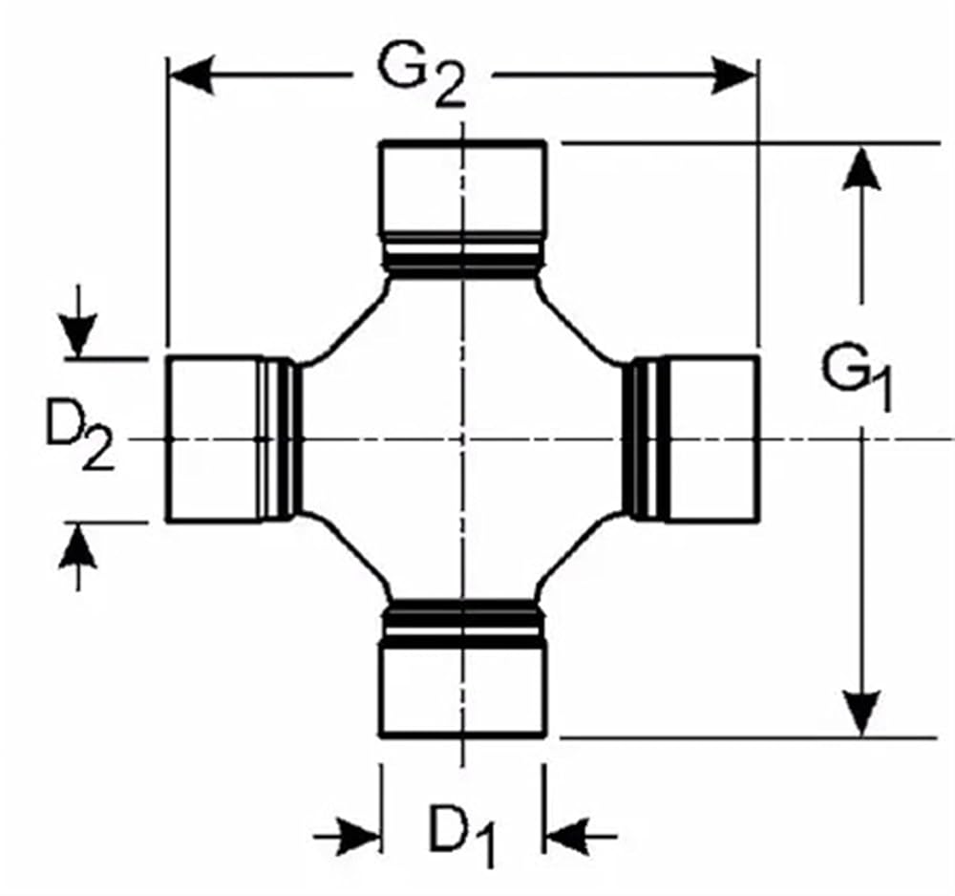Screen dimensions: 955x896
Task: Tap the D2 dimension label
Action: coord(79,430)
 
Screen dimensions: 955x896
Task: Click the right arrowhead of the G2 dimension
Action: coord(733,76)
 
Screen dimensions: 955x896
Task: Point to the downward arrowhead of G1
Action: coord(861,714)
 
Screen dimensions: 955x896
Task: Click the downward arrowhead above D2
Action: coord(77,335)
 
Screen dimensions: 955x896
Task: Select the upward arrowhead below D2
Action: coord(77,545)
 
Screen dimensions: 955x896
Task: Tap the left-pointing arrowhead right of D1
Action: coord(567,837)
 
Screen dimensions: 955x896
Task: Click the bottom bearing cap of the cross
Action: coord(463,691)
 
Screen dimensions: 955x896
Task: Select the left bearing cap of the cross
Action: coord(214,438)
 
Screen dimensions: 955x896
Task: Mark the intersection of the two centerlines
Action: coord(463,438)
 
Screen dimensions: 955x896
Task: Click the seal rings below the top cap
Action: coord(463,255)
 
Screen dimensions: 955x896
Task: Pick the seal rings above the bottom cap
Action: coord(463,623)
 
